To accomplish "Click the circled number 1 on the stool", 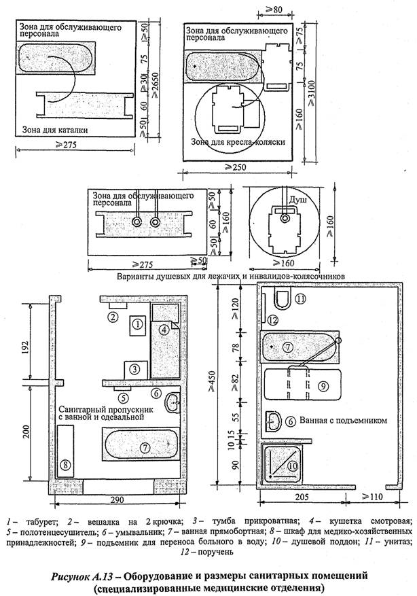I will [x=138, y=325].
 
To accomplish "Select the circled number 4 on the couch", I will [x=164, y=331].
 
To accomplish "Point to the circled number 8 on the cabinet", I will [x=65, y=465].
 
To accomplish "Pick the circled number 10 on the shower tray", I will [x=292, y=466].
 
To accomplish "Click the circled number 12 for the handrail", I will [x=272, y=320].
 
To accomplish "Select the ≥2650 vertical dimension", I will [x=161, y=83].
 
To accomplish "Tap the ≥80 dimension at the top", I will [x=271, y=10].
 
